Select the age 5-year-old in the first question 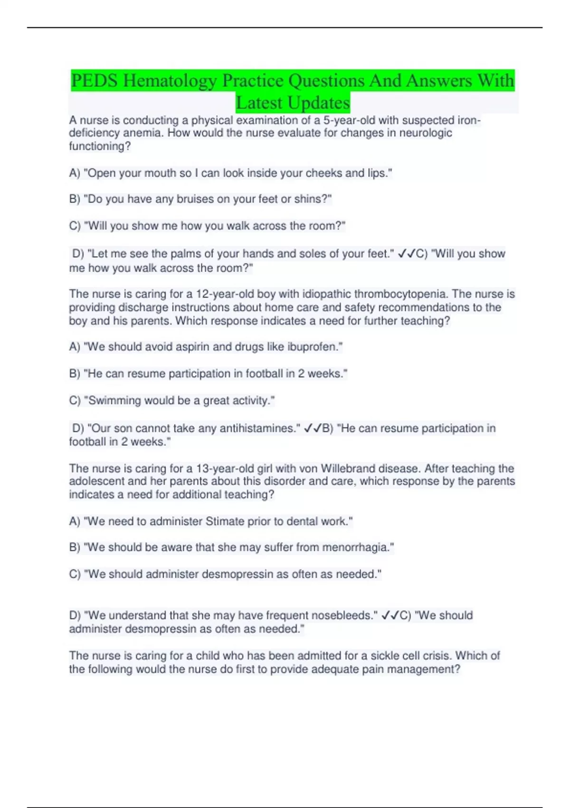click(349, 120)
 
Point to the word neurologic click(426, 133)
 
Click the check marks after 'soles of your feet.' click(407, 254)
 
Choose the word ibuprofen click(313, 347)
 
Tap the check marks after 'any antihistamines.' click(313, 429)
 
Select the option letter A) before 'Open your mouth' click(75, 173)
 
